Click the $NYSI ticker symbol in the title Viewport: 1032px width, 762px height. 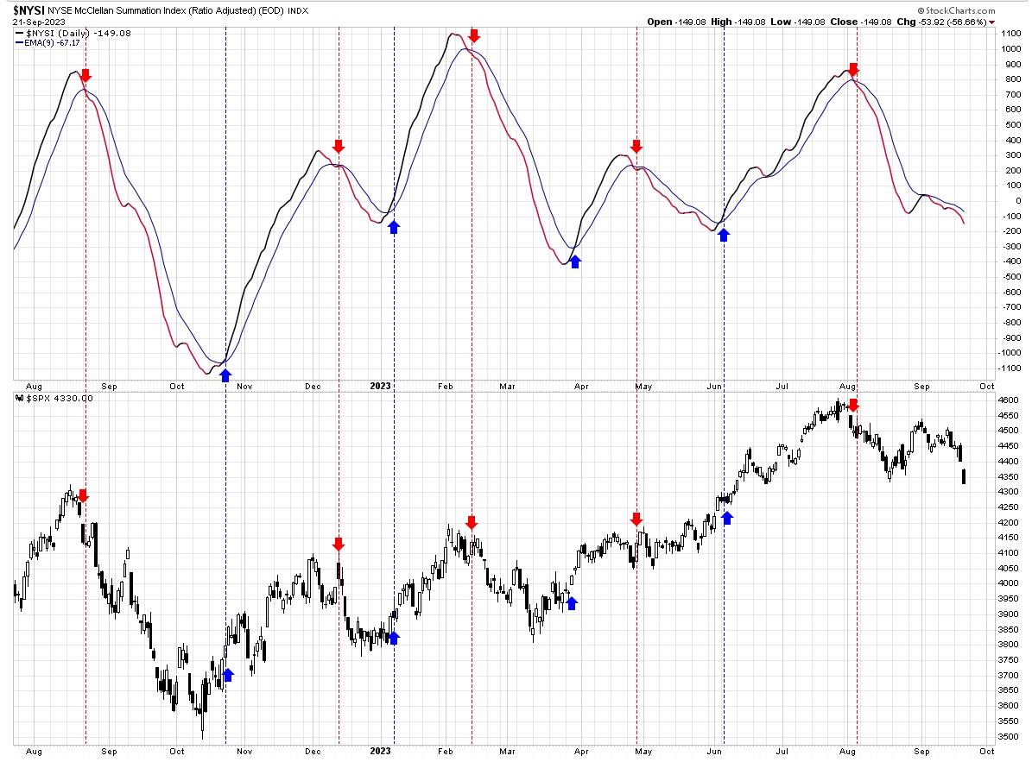[28, 10]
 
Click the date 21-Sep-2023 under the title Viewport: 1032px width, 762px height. [39, 22]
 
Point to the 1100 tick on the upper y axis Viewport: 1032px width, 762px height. [1010, 34]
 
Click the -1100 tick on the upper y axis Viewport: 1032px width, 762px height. [1009, 368]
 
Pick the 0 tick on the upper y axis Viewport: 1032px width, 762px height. [1018, 201]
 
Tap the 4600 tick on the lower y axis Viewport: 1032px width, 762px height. [1010, 400]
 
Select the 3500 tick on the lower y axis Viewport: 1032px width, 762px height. [1010, 736]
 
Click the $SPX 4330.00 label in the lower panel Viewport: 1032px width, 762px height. [60, 399]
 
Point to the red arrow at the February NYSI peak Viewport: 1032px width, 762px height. [474, 35]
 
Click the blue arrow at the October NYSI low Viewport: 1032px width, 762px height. [225, 375]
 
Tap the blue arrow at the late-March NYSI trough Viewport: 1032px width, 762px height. [575, 261]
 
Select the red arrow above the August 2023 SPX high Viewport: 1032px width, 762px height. [853, 405]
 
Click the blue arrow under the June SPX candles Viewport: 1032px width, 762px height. [726, 518]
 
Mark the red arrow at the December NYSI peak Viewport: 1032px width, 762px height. [339, 146]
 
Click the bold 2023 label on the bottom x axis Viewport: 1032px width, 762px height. [381, 751]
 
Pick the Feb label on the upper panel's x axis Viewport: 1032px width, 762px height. [446, 386]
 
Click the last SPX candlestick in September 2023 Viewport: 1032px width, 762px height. [965, 476]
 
